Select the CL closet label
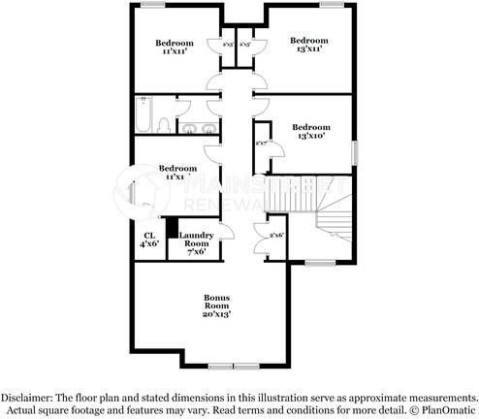pos(149,236)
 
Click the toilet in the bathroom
pos(165,126)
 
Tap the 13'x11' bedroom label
pos(309,45)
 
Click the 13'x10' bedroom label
pos(310,132)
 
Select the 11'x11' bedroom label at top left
pos(176,48)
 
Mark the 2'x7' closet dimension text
pos(261,144)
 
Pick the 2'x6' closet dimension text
pos(275,235)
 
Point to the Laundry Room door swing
pos(222,234)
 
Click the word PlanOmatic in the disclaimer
pos(450,410)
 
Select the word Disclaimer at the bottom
pos(29,398)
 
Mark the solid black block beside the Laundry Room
pos(172,227)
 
